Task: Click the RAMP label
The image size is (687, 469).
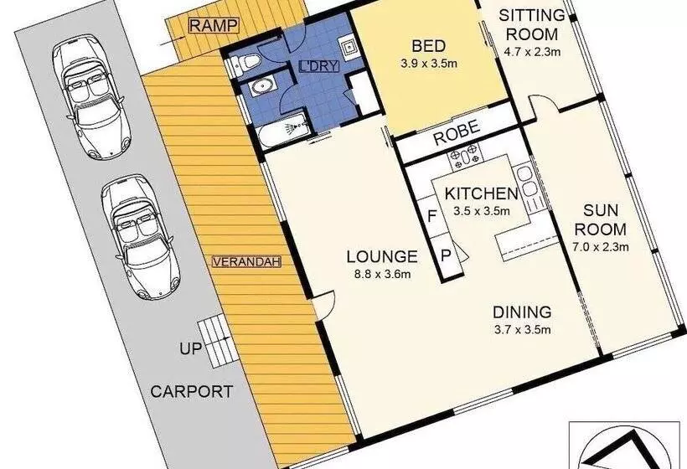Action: (214, 25)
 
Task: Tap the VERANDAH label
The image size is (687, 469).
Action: (246, 262)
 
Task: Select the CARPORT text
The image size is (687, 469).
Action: (192, 391)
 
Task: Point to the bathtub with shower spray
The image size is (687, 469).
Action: (283, 130)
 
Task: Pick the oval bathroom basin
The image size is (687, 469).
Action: (262, 87)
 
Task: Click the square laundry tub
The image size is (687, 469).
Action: (349, 46)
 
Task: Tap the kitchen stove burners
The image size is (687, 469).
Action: (465, 157)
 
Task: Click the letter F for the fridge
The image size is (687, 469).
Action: (432, 216)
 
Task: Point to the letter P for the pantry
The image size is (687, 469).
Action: (446, 255)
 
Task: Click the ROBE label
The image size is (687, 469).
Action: (456, 131)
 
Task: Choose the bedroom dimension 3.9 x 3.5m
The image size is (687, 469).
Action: (429, 64)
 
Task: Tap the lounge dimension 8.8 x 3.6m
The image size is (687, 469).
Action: (382, 275)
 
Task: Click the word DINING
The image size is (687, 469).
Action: (522, 312)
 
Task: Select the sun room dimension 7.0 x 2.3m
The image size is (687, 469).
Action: (600, 246)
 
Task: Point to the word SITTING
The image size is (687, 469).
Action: (532, 16)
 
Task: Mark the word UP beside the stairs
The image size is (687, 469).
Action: (191, 348)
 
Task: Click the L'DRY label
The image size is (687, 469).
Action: (319, 66)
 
